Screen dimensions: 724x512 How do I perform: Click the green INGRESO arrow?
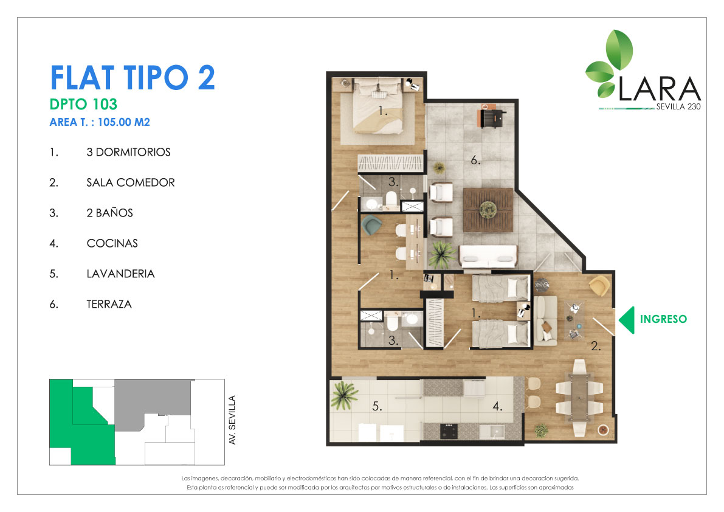click(x=627, y=319)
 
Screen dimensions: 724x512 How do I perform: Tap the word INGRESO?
click(x=663, y=319)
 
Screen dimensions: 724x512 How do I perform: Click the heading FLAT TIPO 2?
click(x=133, y=78)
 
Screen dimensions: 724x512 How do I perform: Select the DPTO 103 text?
click(x=83, y=105)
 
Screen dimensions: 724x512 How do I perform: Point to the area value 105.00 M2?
click(x=124, y=122)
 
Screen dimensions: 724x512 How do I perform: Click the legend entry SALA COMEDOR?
click(x=131, y=182)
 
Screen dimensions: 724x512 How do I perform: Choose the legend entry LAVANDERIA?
click(x=120, y=274)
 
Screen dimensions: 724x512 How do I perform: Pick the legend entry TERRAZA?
click(x=109, y=304)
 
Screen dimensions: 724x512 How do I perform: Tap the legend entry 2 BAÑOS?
click(x=110, y=213)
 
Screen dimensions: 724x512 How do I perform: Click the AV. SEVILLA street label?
click(x=232, y=420)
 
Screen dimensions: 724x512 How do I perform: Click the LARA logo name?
click(x=660, y=89)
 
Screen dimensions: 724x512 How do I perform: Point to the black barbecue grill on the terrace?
click(x=492, y=116)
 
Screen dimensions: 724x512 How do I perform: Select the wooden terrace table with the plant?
click(x=488, y=210)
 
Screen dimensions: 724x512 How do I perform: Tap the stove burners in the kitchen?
click(x=449, y=431)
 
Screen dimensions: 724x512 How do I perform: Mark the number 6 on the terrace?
click(x=475, y=160)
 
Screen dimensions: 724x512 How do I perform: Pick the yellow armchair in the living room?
click(x=599, y=286)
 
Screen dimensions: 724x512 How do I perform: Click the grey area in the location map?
click(x=153, y=405)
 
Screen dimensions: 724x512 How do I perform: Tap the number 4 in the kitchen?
click(x=497, y=406)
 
